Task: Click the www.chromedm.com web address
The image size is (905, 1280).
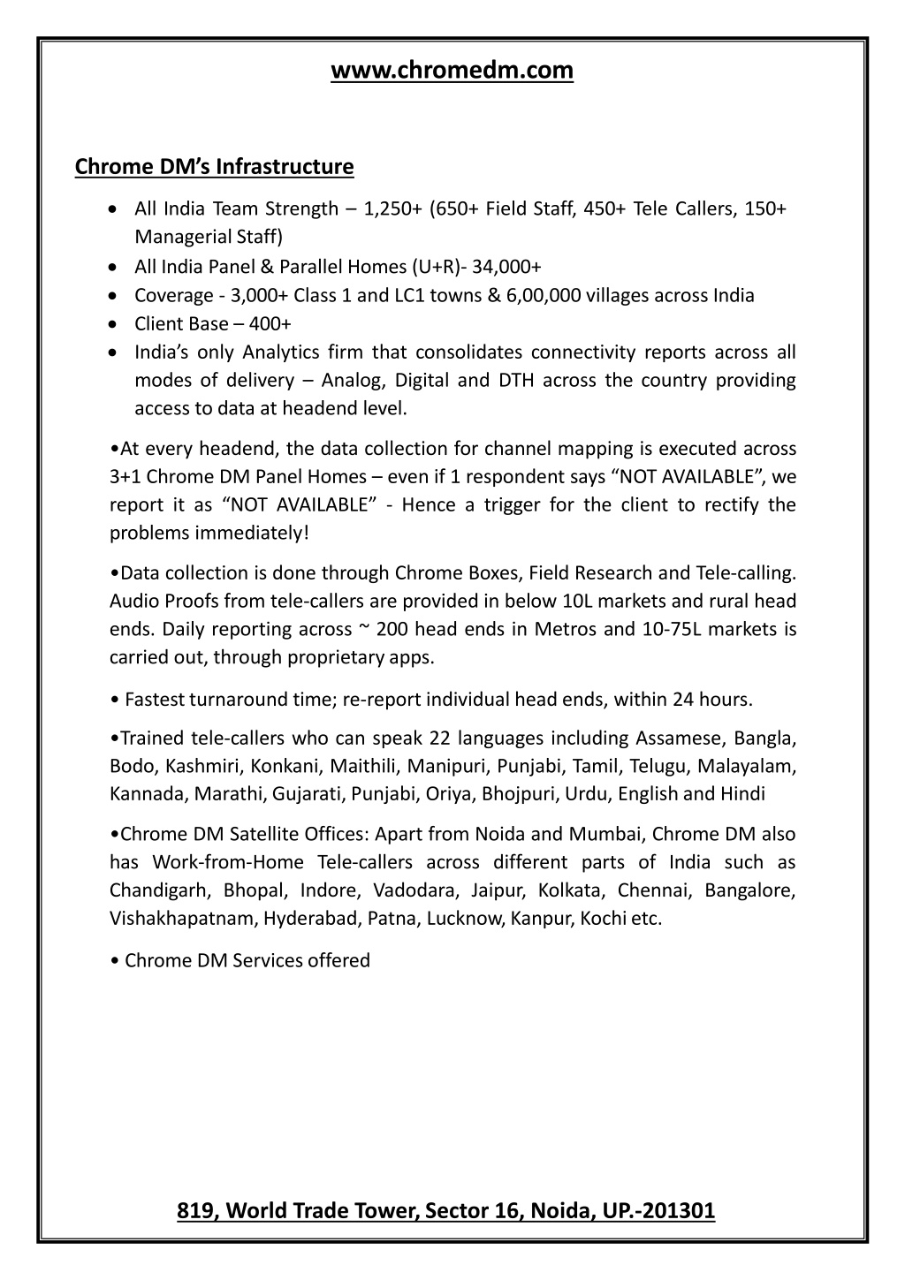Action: pyautogui.click(x=452, y=70)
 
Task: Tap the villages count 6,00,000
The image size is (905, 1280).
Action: pyautogui.click(x=544, y=295)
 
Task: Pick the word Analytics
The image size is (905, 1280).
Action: pyautogui.click(x=280, y=352)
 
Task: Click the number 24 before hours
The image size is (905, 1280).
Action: pyautogui.click(x=683, y=700)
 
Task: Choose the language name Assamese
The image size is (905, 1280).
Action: pyautogui.click(x=683, y=738)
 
